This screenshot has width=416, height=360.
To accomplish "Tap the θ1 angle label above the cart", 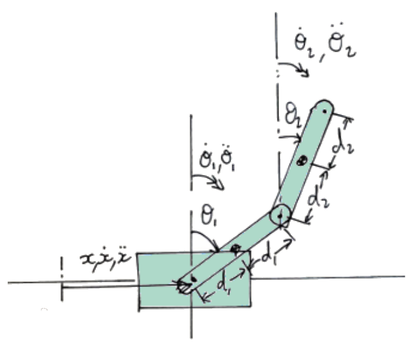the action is pos(209,218).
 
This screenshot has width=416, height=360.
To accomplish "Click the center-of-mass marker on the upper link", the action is pos(302,161).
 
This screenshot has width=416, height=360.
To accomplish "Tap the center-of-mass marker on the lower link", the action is pos(236,249).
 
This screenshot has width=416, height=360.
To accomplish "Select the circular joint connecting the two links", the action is pos(280,215).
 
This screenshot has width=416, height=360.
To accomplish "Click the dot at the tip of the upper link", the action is pos(325,111).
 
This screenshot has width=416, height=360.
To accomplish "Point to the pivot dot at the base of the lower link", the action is pos(194,279).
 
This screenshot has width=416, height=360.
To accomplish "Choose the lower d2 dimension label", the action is pos(318,197).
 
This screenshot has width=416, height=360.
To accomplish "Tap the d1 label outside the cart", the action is pos(269,256).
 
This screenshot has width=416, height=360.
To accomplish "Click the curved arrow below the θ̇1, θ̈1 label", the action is pos(210,179).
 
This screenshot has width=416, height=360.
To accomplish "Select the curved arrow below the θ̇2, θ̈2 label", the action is pos(295,67).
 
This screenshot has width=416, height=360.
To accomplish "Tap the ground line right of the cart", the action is pos(328,278).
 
